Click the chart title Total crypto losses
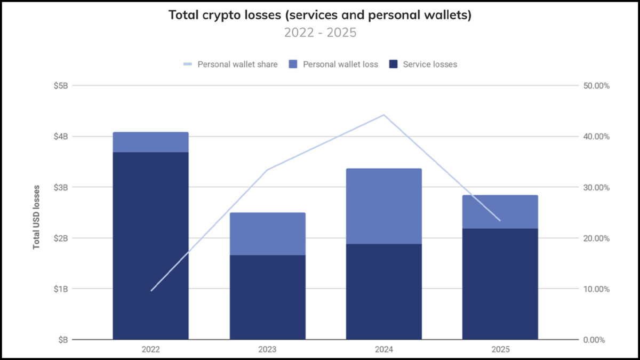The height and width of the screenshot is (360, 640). click(320, 15)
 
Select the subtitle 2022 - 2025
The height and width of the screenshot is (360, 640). click(320, 33)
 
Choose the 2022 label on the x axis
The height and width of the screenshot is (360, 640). click(150, 350)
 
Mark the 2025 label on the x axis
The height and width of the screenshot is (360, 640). click(500, 350)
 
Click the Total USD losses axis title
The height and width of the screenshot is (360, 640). click(37, 217)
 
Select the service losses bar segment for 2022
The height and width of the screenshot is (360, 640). click(150, 245)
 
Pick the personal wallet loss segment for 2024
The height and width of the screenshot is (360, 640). click(384, 206)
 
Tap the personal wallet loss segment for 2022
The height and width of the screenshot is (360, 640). click(150, 142)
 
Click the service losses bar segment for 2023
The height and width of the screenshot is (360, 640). click(267, 297)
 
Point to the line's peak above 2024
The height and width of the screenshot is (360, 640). click(384, 115)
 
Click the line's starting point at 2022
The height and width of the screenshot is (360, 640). click(151, 291)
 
